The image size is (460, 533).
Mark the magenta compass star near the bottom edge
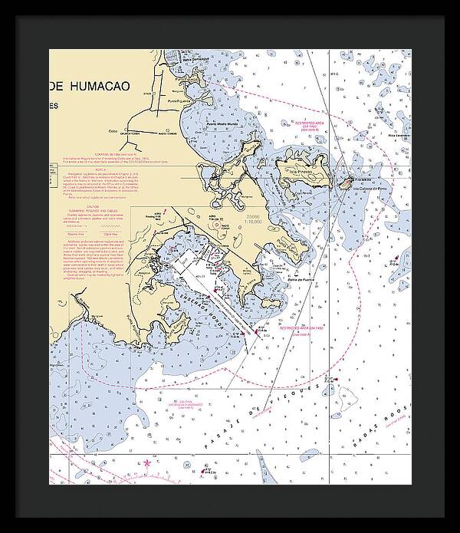147,462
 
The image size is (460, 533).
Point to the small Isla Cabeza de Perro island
346,182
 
